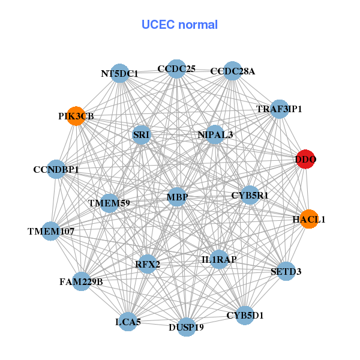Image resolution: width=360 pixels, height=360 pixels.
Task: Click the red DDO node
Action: coord(305,160)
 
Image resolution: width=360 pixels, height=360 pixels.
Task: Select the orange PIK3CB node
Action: coord(76,115)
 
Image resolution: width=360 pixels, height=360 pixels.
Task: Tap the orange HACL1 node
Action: coord(309,219)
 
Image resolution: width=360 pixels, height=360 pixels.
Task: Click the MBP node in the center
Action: coord(177,196)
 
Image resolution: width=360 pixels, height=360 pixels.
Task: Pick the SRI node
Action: coord(142,135)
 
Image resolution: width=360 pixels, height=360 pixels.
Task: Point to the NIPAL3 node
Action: coord(215,134)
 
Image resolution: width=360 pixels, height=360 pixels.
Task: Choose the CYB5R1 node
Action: coord(250,195)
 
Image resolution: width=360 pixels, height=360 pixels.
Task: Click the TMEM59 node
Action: coord(109,203)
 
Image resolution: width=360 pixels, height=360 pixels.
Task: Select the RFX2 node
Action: coord(147,263)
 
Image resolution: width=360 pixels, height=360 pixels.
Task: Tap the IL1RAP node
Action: coord(219,260)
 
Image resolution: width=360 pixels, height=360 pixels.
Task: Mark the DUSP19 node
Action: coord(187,327)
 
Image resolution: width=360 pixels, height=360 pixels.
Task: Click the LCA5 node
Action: coord(127,322)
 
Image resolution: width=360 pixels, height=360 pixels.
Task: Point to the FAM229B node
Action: coord(82,281)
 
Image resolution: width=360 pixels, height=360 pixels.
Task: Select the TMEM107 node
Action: coord(50,231)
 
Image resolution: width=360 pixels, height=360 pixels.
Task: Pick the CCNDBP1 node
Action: coord(56,170)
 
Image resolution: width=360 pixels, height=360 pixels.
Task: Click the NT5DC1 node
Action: coord(120,73)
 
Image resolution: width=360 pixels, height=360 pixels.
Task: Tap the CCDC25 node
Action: coord(176,69)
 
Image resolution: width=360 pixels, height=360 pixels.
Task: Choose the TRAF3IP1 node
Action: coord(279,109)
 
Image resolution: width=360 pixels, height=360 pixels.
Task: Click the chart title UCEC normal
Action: coord(179,25)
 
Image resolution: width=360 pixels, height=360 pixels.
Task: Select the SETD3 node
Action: coord(286,271)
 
